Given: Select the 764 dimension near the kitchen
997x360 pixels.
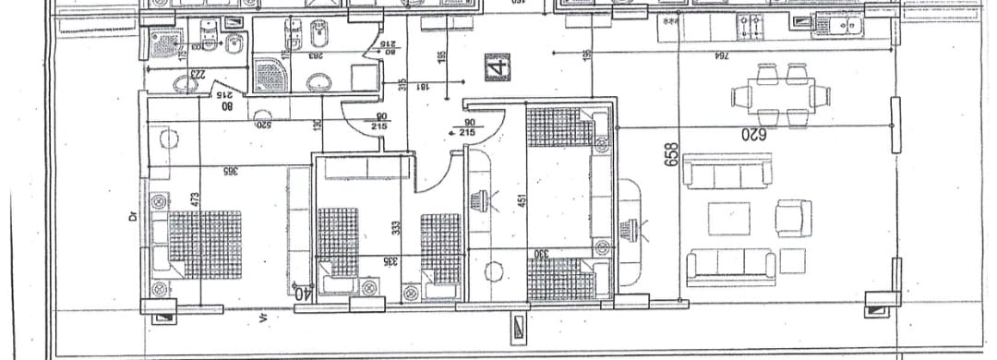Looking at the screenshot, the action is click(720, 56).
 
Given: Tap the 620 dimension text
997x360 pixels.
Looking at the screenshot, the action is click(753, 134).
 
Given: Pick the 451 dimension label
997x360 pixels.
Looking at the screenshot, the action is click(523, 200).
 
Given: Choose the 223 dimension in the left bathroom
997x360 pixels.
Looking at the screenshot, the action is click(196, 75).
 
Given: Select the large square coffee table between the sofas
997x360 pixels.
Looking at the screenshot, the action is click(728, 219).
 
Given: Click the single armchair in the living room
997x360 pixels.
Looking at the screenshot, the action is click(793, 218).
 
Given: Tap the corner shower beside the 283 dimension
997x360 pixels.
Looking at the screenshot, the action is click(270, 73).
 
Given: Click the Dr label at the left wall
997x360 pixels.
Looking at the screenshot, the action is click(134, 219).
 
